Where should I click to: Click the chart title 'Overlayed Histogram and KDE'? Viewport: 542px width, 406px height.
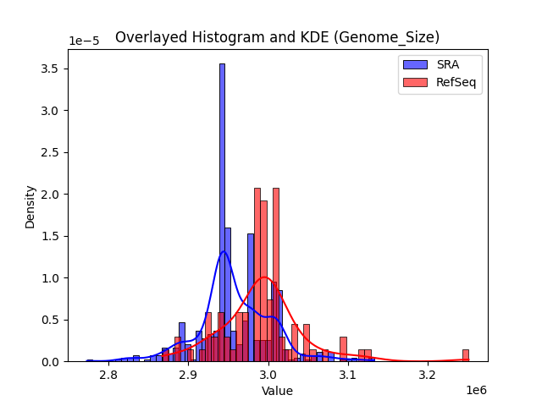tap(277, 37)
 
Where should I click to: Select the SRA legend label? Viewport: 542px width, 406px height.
tap(447, 65)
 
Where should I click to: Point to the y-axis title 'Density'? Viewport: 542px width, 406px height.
tap(30, 206)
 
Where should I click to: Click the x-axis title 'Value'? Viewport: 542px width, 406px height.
tap(277, 392)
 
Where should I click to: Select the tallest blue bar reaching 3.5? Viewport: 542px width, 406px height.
tap(222, 211)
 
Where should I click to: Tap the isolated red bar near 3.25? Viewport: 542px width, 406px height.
tap(465, 355)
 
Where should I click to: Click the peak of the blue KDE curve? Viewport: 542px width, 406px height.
tap(224, 251)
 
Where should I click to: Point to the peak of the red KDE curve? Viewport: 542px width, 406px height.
tap(264, 277)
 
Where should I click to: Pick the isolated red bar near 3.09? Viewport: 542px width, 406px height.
tap(343, 349)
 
